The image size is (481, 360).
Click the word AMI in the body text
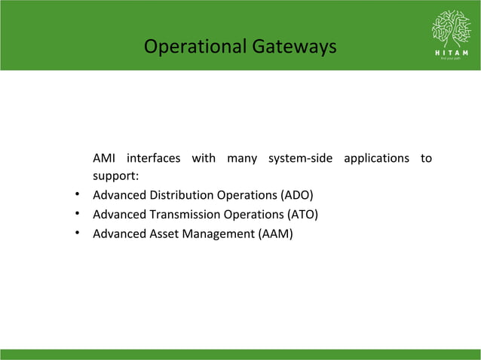coord(104,158)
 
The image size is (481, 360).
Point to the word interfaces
coord(153,158)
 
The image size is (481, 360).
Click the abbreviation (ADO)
coord(297,196)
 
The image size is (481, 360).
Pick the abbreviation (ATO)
coord(299,215)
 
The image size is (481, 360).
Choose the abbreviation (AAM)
coord(275,233)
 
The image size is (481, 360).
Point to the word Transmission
coord(182,215)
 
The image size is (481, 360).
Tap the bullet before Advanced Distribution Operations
coord(78,196)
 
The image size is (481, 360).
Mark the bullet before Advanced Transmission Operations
coord(78,215)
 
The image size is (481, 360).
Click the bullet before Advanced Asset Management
coord(78,233)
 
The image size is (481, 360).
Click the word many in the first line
coord(242,159)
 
